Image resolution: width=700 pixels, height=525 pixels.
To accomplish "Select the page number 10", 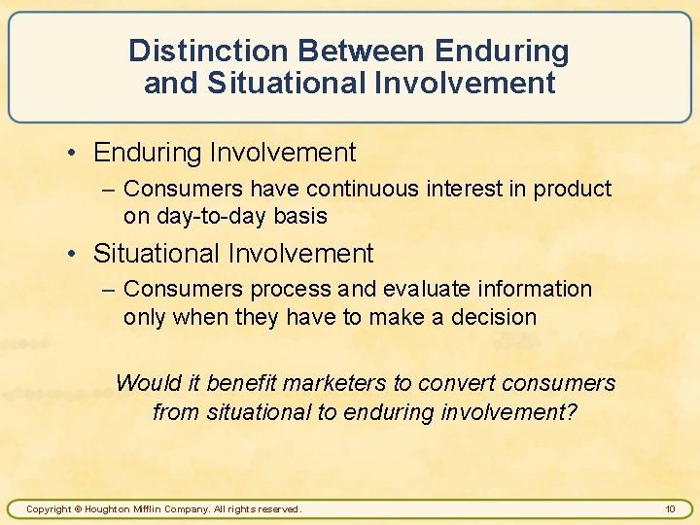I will click(670, 508).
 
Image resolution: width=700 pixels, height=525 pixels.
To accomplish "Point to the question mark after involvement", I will click(572, 411).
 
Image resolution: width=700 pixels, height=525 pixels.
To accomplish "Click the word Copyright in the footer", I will click(48, 509).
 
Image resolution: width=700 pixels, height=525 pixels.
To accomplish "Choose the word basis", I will click(300, 216).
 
